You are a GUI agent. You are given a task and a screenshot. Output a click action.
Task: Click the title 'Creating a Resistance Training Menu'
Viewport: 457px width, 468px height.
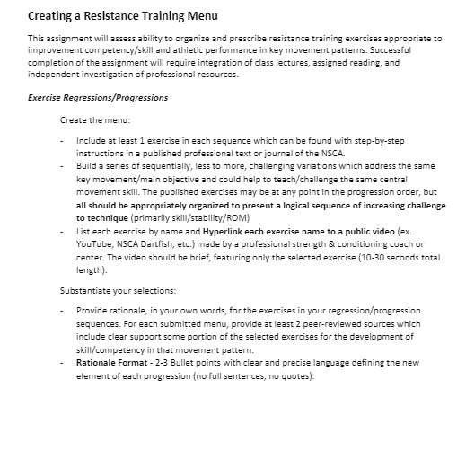(x=123, y=16)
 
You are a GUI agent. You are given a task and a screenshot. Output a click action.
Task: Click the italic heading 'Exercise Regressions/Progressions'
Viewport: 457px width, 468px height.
(x=98, y=97)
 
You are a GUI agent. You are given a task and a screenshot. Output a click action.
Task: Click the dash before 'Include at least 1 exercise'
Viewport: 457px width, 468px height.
(x=62, y=140)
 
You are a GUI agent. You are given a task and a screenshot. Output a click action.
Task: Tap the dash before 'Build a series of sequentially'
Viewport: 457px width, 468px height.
(x=62, y=167)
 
